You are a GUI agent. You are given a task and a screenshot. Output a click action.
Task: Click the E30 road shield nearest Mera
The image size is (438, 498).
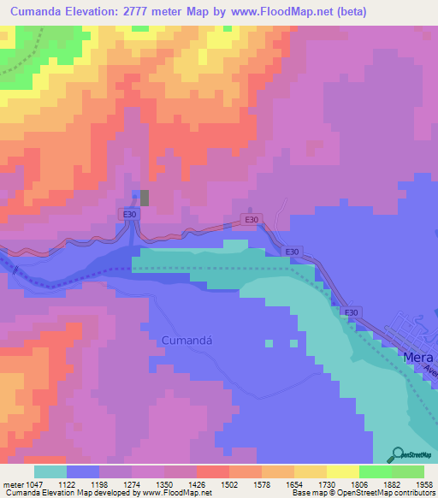point(350,312)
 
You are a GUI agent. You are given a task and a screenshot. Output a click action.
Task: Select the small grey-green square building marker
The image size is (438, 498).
point(144,198)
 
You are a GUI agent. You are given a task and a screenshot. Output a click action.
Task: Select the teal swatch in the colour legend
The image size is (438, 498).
point(50,471)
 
